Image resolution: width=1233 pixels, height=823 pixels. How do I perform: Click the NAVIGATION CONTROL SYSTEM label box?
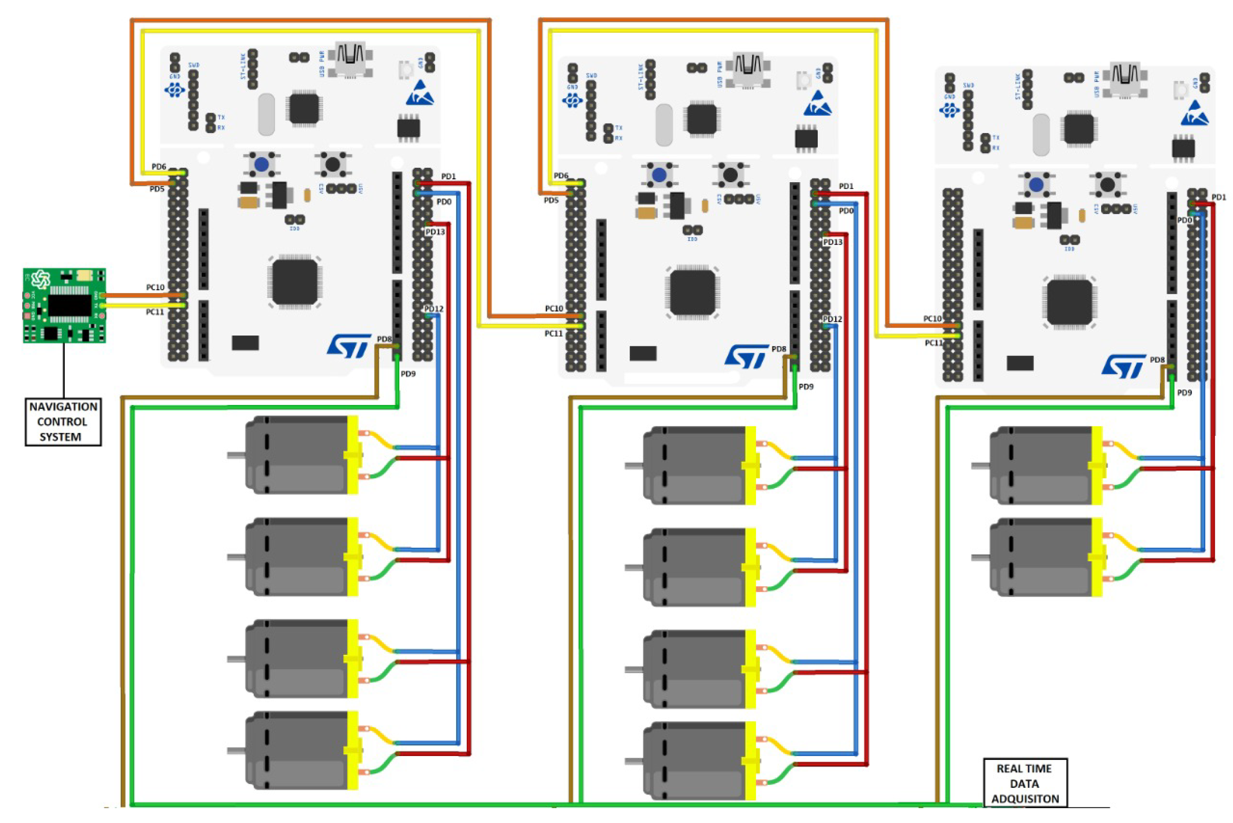63,421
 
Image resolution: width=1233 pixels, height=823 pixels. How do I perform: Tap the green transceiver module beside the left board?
64,305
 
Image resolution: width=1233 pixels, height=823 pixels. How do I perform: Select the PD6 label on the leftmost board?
159,167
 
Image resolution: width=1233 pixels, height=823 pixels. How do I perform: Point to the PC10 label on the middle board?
554,308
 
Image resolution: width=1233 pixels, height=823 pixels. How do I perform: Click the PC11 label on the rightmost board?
933,343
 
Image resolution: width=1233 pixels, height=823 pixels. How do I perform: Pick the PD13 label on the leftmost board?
435,231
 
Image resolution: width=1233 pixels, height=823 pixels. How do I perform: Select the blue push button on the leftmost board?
262,164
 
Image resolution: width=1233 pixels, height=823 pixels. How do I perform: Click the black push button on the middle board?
730,174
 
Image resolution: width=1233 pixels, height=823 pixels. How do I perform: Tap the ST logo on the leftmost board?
348,346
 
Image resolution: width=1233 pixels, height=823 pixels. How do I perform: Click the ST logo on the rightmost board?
1124,366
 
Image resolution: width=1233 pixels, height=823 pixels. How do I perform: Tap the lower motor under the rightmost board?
1045,557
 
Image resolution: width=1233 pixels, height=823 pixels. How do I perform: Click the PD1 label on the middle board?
845,186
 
